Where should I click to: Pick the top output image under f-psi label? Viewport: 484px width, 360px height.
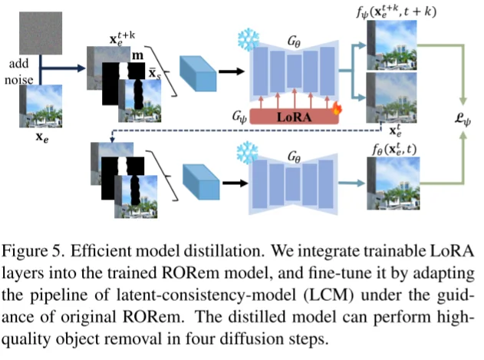(x=391, y=45)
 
